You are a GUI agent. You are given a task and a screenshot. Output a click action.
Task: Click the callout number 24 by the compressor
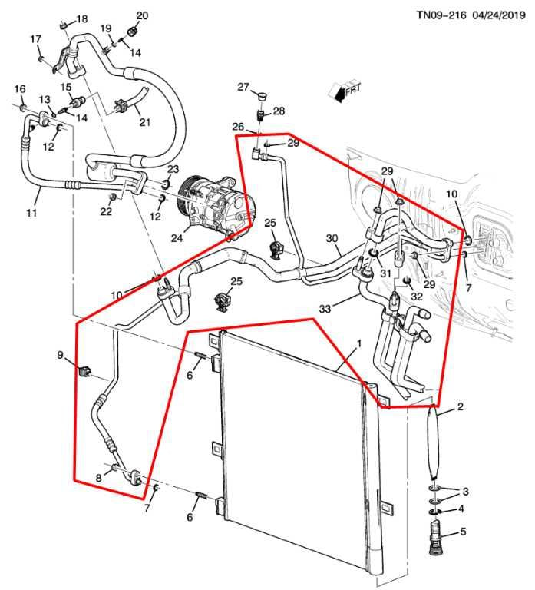[x=177, y=238]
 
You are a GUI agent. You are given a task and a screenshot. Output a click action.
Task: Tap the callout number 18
[x=82, y=18]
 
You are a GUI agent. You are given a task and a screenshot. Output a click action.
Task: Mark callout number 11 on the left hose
[x=31, y=212]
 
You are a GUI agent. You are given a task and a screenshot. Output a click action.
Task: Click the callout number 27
[x=243, y=88]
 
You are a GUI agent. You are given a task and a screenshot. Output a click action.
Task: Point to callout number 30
[x=332, y=239]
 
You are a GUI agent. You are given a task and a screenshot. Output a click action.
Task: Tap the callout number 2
[x=460, y=406]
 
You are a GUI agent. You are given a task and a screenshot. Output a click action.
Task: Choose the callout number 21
[x=144, y=122]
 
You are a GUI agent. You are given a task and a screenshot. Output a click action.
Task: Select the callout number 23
[x=173, y=169]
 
